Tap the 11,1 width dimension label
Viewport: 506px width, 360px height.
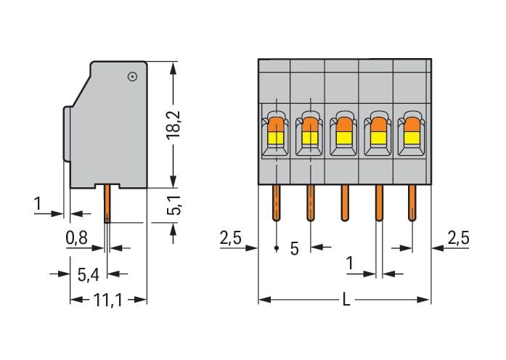(x=108, y=298)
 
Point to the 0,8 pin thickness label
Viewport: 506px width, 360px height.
(x=78, y=236)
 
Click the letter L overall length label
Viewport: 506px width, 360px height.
(x=346, y=298)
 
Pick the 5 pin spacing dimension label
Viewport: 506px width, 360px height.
(x=294, y=249)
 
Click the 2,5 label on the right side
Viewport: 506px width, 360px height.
(x=459, y=237)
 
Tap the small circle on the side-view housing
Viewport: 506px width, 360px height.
(x=132, y=76)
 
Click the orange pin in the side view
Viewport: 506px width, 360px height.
(x=107, y=204)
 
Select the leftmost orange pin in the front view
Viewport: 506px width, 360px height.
(x=277, y=202)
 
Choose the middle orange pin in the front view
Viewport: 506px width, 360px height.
(x=345, y=202)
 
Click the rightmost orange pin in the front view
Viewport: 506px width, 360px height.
(x=412, y=202)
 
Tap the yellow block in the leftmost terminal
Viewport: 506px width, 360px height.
(x=277, y=136)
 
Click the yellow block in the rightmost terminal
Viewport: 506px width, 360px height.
(x=412, y=136)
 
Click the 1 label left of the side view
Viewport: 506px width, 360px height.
(x=37, y=204)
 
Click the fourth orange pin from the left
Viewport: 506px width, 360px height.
(x=378, y=202)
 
